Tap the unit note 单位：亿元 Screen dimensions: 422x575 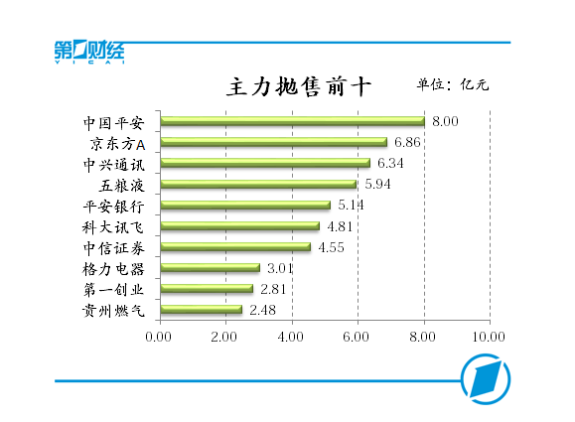click(x=453, y=83)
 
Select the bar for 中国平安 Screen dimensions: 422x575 click(x=292, y=121)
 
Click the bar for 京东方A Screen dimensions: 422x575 click(x=273, y=142)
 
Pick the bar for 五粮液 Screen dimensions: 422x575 click(x=258, y=184)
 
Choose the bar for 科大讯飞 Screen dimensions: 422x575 click(x=239, y=226)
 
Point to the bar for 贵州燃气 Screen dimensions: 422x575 click(x=201, y=310)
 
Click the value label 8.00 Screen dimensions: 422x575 click(x=445, y=121)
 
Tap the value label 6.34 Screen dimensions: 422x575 click(x=390, y=163)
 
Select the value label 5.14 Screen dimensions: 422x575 click(x=351, y=205)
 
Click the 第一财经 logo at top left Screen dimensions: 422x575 click(x=89, y=52)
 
